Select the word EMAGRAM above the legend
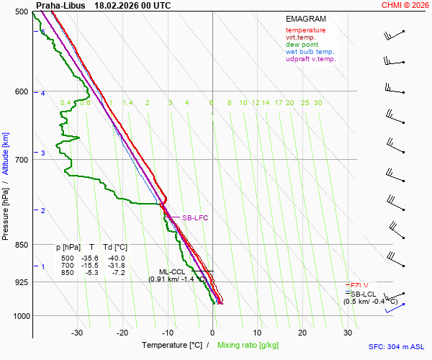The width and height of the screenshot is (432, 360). (306, 19)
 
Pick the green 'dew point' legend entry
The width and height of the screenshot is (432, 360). (302, 45)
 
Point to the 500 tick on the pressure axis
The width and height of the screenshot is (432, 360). (20, 12)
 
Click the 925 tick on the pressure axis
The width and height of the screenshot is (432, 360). (20, 282)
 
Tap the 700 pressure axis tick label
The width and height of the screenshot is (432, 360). (20, 159)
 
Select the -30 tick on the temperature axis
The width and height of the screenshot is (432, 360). (77, 333)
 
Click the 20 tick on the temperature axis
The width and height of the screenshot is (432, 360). (302, 333)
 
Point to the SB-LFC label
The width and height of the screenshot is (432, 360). (194, 217)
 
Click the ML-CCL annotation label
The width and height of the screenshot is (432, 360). (172, 271)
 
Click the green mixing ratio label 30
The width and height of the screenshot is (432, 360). (318, 103)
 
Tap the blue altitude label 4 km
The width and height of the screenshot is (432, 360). (42, 94)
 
